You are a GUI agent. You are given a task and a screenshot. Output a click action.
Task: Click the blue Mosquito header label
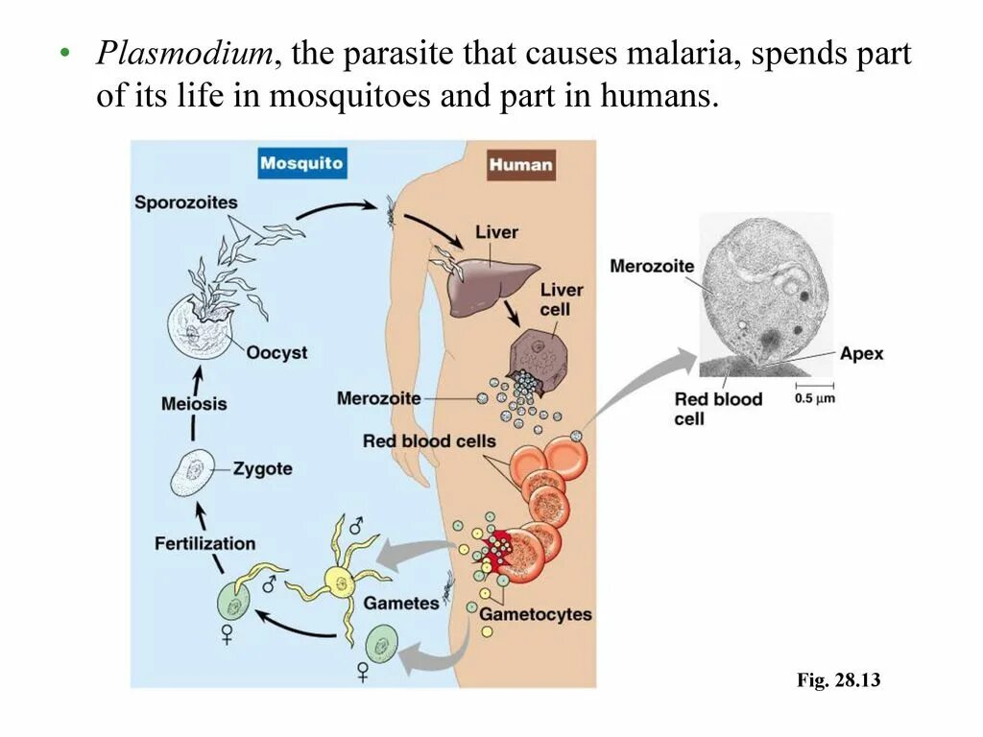(300, 163)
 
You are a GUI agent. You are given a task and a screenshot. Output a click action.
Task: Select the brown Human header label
(520, 164)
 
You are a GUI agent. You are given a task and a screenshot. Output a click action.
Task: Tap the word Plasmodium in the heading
(183, 55)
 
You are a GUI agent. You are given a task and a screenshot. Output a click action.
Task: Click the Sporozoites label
(185, 202)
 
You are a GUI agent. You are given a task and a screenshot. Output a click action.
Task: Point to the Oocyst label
(276, 352)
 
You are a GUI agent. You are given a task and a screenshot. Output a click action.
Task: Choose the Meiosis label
(194, 403)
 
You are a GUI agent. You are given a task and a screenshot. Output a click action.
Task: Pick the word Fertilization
(204, 543)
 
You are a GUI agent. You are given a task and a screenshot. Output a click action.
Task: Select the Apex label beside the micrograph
(861, 353)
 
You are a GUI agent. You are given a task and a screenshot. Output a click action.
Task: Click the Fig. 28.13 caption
(838, 680)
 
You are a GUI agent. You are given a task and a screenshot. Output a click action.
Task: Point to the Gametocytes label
(536, 613)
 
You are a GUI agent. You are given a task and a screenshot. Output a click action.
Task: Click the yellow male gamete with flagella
(339, 580)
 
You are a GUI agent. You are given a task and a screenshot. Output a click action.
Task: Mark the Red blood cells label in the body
(429, 441)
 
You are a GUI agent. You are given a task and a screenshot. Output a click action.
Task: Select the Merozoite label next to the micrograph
(651, 266)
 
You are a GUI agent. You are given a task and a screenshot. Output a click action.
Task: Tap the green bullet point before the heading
(65, 55)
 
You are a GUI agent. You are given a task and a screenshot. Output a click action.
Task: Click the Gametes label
(400, 604)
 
